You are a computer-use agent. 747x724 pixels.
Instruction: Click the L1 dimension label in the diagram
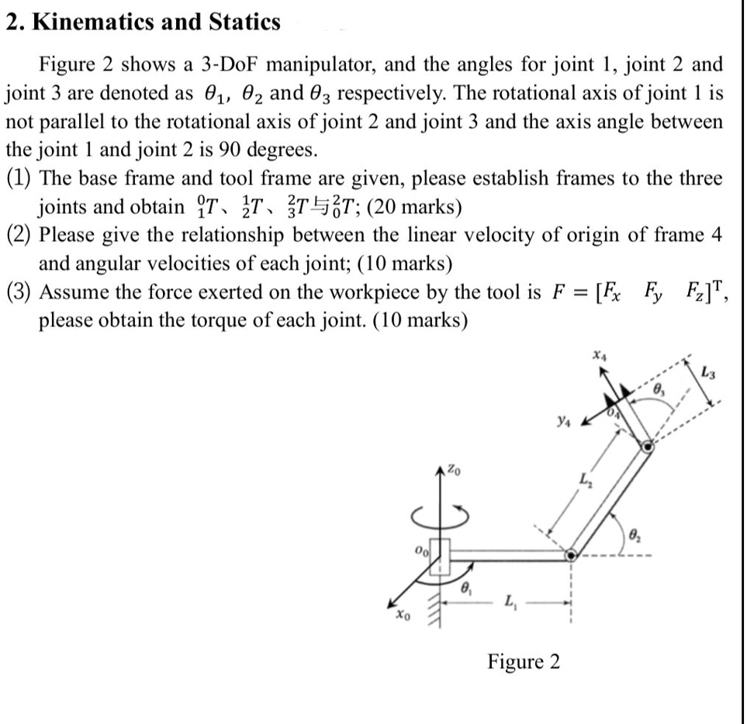point(510,599)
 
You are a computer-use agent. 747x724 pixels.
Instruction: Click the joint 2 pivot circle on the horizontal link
point(571,555)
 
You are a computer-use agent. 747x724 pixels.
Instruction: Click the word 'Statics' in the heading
point(244,22)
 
